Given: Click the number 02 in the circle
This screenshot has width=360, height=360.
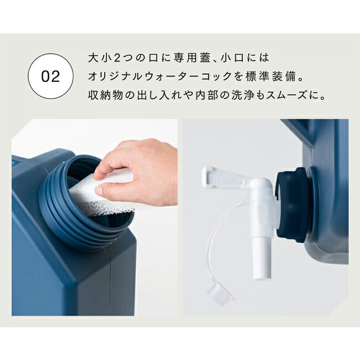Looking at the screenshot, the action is [50, 76].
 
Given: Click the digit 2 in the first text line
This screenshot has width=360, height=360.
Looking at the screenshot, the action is [117, 58].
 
